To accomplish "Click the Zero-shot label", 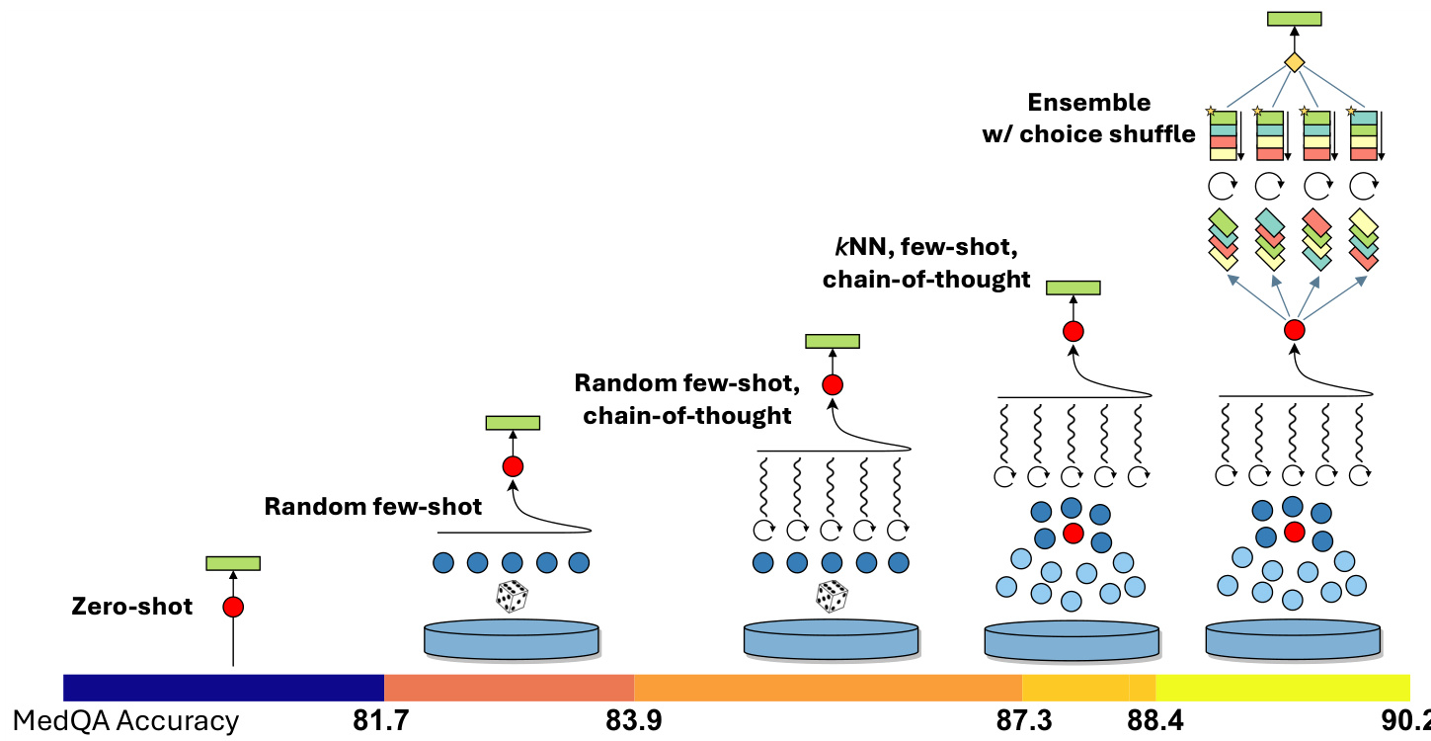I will pyautogui.click(x=132, y=607).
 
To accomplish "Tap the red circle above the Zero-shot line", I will pyautogui.click(x=233, y=607).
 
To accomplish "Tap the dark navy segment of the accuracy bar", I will pyautogui.click(x=223, y=687).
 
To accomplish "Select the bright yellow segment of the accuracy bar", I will pyautogui.click(x=1282, y=687).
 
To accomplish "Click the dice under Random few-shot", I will pyautogui.click(x=512, y=597).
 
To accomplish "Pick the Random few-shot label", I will pyautogui.click(x=373, y=507).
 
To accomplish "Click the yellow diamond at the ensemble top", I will pyautogui.click(x=1294, y=62).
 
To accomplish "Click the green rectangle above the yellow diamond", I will pyautogui.click(x=1294, y=19).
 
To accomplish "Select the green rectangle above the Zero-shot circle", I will pyautogui.click(x=233, y=563).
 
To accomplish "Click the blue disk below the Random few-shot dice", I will pyautogui.click(x=512, y=637).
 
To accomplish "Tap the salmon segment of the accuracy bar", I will pyautogui.click(x=509, y=687).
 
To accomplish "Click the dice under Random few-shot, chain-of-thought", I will pyautogui.click(x=832, y=597).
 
